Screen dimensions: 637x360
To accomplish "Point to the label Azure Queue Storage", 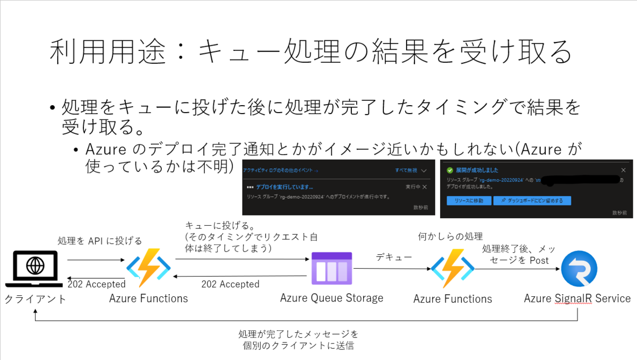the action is [x=332, y=298].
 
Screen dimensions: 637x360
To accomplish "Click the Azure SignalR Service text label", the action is [x=577, y=298].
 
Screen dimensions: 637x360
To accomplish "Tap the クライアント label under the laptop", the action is [x=36, y=299].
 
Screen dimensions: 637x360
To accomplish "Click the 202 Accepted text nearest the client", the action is [x=96, y=284].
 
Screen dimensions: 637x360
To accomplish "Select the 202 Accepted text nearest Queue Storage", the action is [x=230, y=284].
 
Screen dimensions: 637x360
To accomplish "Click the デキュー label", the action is [x=394, y=257].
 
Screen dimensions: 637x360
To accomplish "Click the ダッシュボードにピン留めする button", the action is [x=532, y=201].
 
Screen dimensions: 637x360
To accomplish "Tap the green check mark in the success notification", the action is [x=450, y=170].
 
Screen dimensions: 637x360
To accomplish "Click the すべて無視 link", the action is [x=407, y=170].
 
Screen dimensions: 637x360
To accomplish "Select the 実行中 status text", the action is [x=412, y=187].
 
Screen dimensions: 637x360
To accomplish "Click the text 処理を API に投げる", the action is [x=100, y=241].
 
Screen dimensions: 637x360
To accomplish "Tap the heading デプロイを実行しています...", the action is [x=285, y=187].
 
